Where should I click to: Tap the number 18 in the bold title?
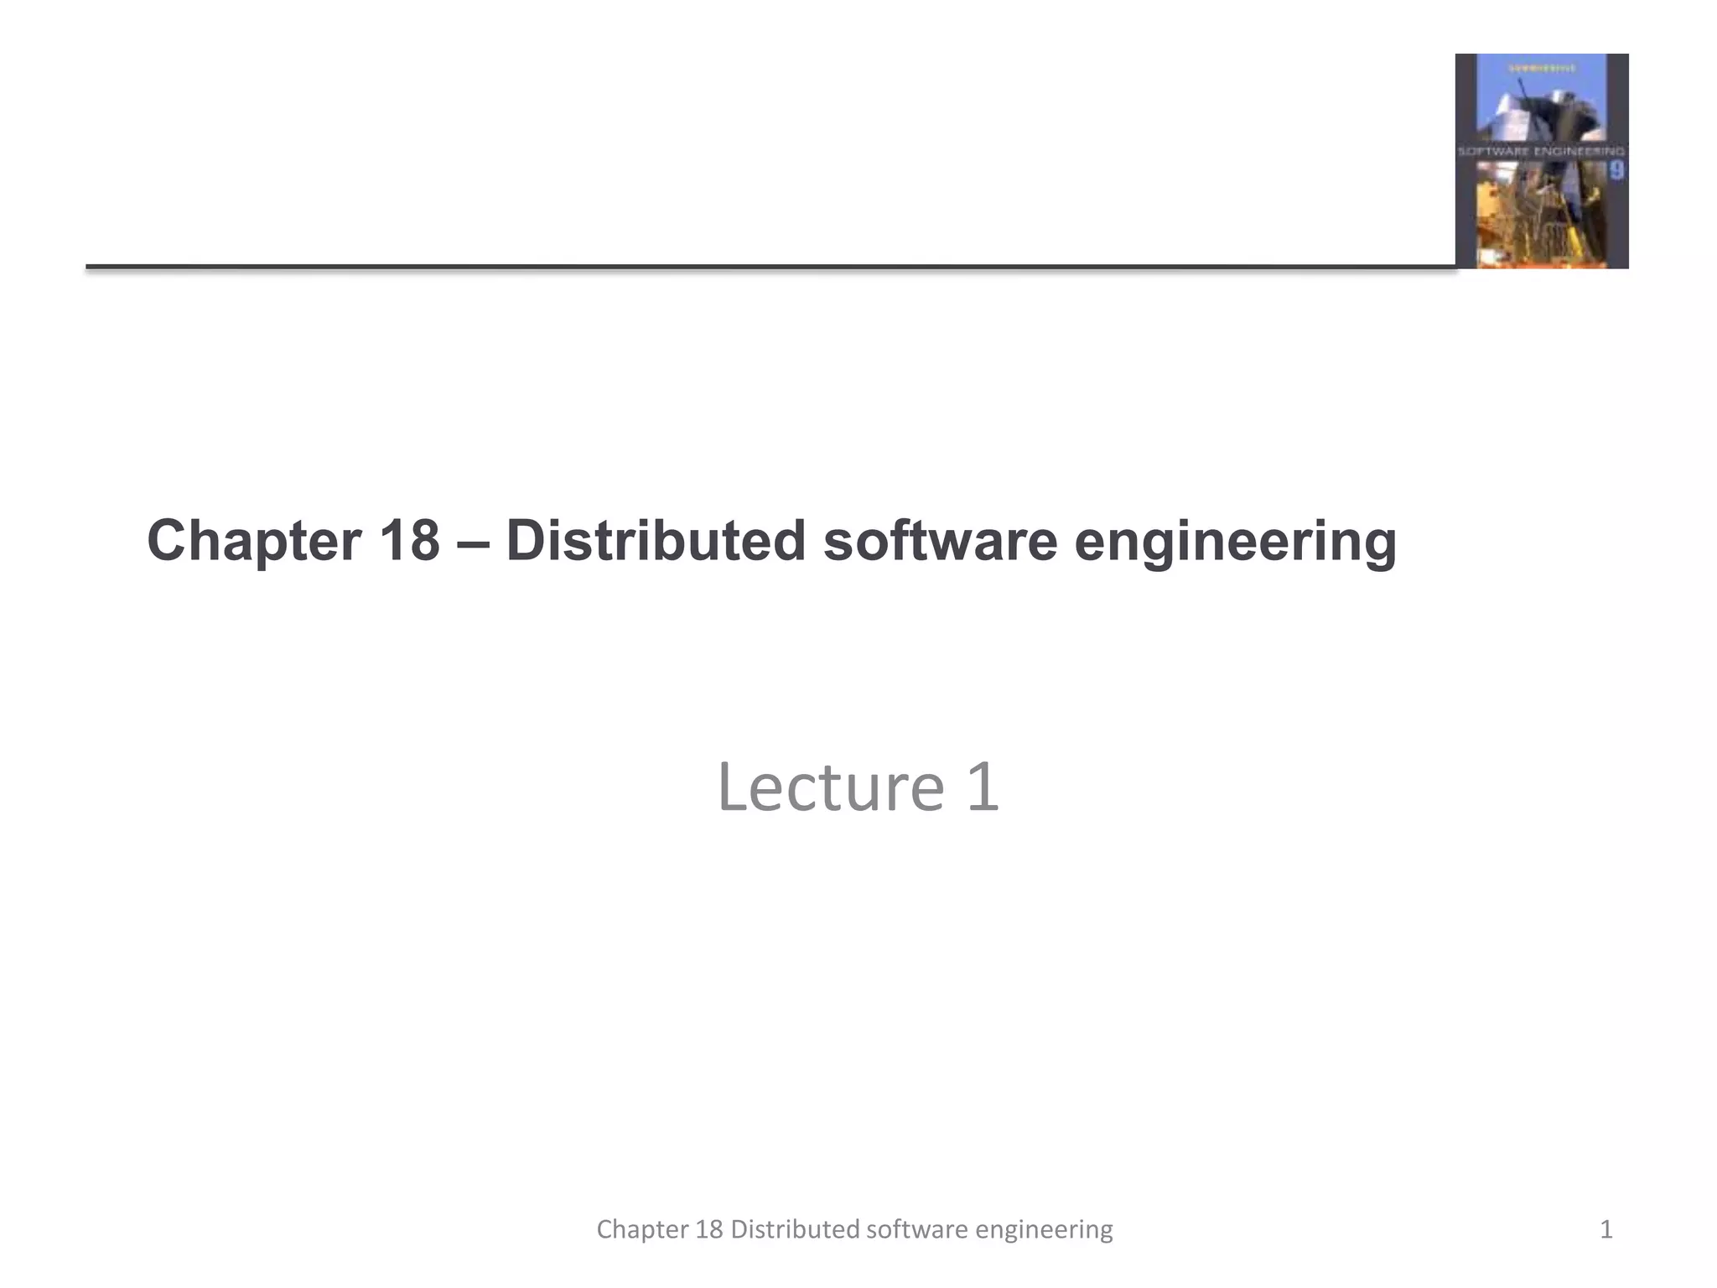point(409,540)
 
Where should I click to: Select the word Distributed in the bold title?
point(656,540)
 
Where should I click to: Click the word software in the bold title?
point(940,540)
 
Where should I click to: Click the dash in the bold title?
point(473,542)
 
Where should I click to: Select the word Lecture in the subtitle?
point(831,787)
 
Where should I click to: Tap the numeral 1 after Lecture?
point(983,787)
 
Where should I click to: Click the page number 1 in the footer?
point(1605,1229)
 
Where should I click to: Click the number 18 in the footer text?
point(709,1229)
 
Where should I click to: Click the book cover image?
point(1541,161)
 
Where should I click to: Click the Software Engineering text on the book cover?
point(1541,152)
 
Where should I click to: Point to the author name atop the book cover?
point(1541,67)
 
